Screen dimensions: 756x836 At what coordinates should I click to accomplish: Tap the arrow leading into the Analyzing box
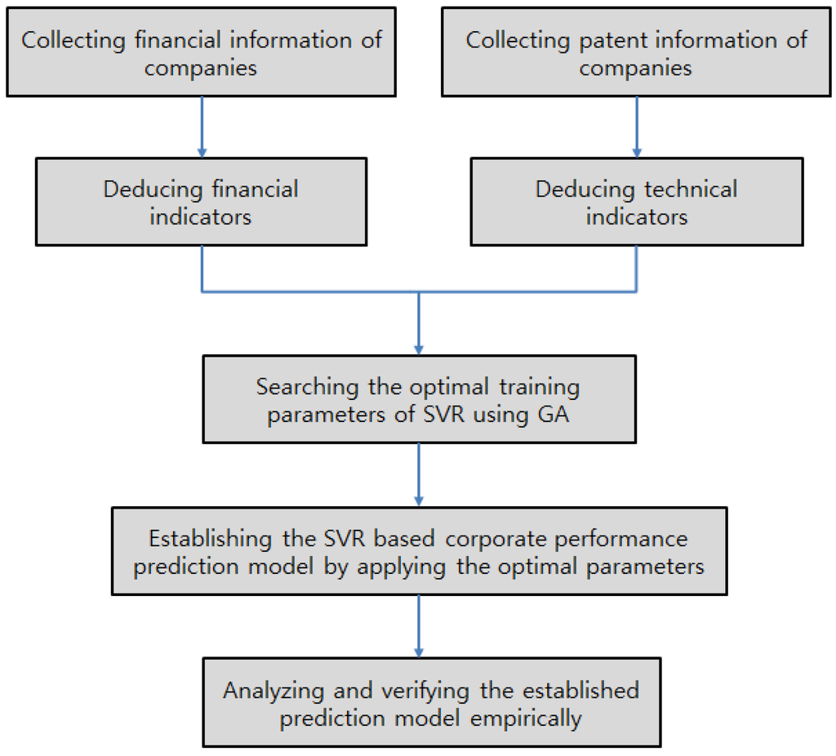point(419,627)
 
